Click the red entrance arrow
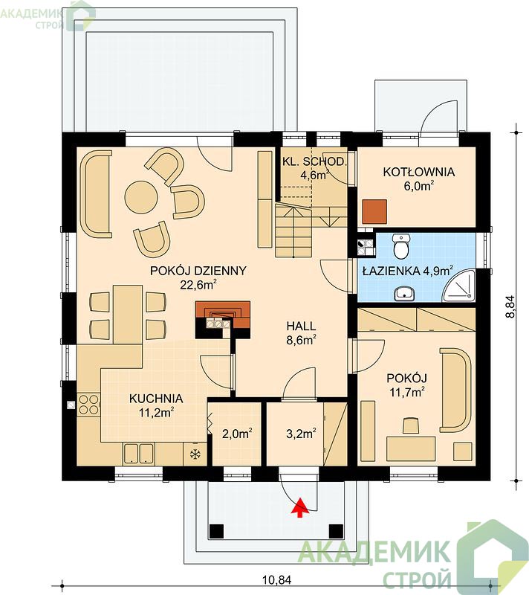tap(299, 507)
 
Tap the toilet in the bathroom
tap(401, 246)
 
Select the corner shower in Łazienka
tap(459, 286)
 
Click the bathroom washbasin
tap(404, 293)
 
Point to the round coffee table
tap(141, 197)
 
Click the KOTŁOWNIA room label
tap(418, 172)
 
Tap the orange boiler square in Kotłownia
tap(374, 211)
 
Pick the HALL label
tap(301, 326)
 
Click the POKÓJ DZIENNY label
tap(198, 271)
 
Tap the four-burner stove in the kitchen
tap(88, 405)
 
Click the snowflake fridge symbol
tap(195, 454)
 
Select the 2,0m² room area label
tap(237, 434)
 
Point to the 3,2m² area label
tap(301, 434)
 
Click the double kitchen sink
tap(138, 454)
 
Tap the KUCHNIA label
tap(156, 399)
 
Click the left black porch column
tap(216, 531)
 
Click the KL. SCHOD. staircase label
tap(314, 161)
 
